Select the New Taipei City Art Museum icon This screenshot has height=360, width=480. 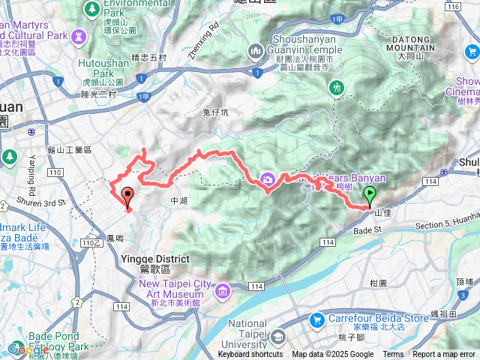221,289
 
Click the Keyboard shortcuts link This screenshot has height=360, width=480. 250,355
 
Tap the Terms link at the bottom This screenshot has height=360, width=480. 393,355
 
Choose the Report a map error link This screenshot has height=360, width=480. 445,355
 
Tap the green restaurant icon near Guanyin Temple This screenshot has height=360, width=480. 336,87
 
